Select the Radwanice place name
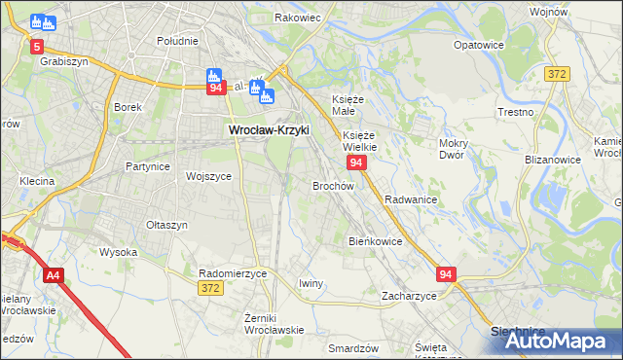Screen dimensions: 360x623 pos(410,198)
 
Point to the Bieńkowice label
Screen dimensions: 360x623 pos(375,241)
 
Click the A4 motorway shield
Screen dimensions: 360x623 pos(53,275)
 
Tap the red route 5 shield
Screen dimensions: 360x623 pos(37,46)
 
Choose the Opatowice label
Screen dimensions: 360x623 pos(478,45)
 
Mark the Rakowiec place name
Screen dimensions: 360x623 pos(298,18)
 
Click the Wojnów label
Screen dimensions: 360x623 pos(575,12)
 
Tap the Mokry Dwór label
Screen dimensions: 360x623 pos(455,149)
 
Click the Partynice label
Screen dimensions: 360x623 pos(148,166)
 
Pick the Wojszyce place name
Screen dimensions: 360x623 pos(208,177)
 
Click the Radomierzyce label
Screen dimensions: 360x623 pos(232,273)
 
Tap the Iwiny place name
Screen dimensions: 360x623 pos(311,283)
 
